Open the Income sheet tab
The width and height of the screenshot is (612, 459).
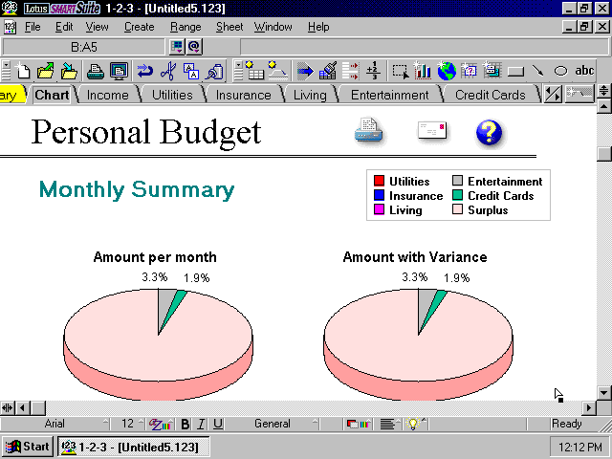coord(107,95)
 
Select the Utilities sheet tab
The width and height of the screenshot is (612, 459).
coord(172,95)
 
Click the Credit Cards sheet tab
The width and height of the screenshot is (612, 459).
coord(491,95)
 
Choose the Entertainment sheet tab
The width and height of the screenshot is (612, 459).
coord(389,95)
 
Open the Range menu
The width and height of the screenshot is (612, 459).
coord(186,27)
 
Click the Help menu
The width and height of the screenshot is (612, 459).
coord(318,27)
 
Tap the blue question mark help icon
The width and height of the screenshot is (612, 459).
coord(489,133)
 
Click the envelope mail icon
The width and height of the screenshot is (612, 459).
coord(431,130)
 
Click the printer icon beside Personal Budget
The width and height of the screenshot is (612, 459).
coord(368,131)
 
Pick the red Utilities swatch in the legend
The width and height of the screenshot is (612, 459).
coord(379,181)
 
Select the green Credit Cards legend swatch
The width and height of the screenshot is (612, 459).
coord(457,195)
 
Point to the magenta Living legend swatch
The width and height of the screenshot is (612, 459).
coord(379,209)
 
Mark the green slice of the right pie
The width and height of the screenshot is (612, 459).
coord(434,306)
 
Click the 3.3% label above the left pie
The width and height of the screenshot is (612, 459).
coord(155,277)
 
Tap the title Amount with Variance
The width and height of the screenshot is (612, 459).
coord(415,257)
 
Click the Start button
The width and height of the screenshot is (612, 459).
coord(28,447)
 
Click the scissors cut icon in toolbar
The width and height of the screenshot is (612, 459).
coord(168,71)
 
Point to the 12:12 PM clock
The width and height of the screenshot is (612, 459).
coord(579,447)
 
